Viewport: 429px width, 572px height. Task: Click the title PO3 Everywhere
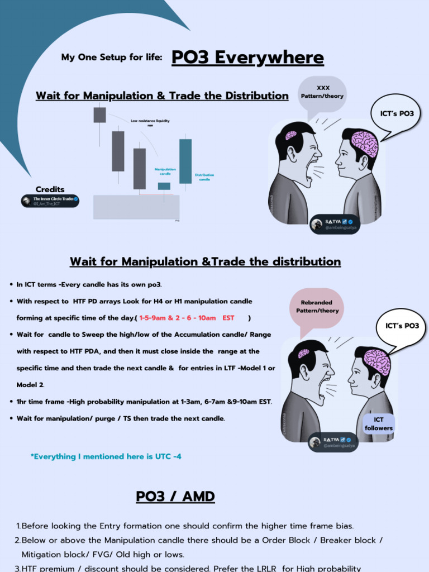coord(247,58)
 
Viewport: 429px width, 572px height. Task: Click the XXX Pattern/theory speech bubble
coord(322,92)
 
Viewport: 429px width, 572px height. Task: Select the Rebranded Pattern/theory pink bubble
coord(317,307)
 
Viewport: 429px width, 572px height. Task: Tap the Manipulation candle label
coord(165,171)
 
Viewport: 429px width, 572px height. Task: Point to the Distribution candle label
coord(204,177)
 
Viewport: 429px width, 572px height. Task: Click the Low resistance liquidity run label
coord(150,123)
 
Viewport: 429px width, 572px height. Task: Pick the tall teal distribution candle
coord(185,161)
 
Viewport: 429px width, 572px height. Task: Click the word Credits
coord(50,189)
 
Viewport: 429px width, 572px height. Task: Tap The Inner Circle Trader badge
coord(50,201)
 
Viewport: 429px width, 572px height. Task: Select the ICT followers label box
coord(379,424)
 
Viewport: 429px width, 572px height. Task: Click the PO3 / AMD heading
coord(175,496)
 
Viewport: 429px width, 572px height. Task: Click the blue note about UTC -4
coord(106,456)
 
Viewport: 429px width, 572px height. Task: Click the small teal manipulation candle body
coord(164,186)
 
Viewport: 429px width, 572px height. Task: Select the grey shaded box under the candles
coord(136,207)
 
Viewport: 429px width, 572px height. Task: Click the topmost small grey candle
coord(99,115)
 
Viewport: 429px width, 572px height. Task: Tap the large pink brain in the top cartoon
coord(364,144)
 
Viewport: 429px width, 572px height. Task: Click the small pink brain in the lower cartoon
coord(303,354)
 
